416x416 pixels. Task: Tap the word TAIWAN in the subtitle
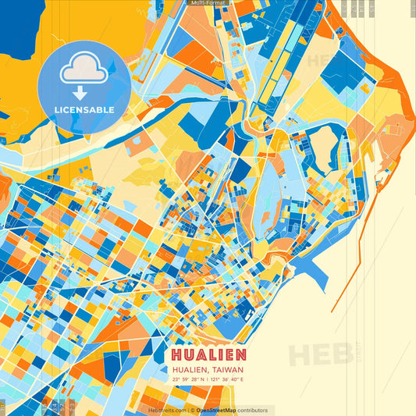click(x=228, y=370)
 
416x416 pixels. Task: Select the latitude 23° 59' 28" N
click(x=192, y=380)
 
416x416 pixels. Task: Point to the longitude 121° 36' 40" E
click(x=227, y=380)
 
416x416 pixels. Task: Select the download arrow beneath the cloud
click(x=80, y=93)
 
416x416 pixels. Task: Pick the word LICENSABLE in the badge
click(x=84, y=110)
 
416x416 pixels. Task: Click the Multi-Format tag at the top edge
click(x=208, y=3)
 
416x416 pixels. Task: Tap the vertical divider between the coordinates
click(x=209, y=380)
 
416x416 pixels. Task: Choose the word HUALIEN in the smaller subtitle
click(x=190, y=370)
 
